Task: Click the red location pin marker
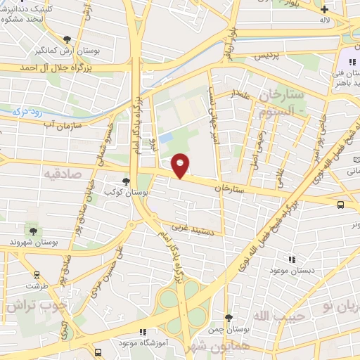181,165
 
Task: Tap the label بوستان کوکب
120,191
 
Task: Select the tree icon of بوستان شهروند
32,231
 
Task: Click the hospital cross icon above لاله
324,9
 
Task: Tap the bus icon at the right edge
341,205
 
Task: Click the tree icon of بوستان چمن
228,319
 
